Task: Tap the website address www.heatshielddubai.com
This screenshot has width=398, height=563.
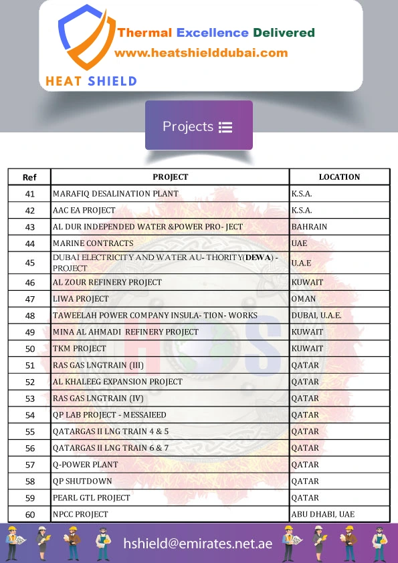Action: pos(201,53)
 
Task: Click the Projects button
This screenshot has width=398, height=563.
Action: pos(199,126)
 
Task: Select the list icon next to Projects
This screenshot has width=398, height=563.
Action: pos(225,127)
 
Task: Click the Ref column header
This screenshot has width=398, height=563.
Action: pos(29,177)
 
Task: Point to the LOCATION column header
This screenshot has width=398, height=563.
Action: pos(339,177)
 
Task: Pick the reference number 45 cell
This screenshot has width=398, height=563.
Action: pos(29,263)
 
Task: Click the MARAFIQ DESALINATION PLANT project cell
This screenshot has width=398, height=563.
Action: pos(116,194)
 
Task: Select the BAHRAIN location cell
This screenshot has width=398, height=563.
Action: pos(309,227)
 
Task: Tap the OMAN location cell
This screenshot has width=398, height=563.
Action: pos(304,299)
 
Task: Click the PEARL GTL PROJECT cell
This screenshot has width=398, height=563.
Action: pos(92,498)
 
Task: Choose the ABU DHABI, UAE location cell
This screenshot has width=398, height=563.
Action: pos(323,514)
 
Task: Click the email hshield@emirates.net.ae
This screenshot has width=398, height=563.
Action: pos(198,544)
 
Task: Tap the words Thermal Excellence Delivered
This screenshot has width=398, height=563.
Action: pos(216,33)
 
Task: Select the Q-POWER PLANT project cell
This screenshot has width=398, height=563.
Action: pos(85,465)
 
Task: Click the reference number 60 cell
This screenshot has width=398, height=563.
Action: pos(29,514)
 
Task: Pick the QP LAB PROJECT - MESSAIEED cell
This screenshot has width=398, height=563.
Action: pos(109,415)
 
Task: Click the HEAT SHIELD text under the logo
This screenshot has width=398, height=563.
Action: pos(91,81)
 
